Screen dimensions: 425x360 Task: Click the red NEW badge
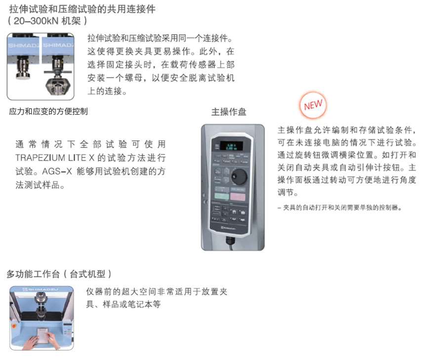tap(313, 105)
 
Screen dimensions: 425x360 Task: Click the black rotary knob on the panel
tap(239, 176)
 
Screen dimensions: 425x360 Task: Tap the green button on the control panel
tap(222, 196)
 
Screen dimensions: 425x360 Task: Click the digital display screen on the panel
tap(231, 146)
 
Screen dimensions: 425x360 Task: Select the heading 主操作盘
tap(228, 112)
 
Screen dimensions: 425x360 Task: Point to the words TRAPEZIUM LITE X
tap(55, 158)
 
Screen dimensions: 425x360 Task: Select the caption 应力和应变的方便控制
tap(48, 111)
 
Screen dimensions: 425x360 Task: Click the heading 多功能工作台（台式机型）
tap(59, 274)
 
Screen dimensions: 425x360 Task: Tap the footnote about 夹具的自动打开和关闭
tap(340, 208)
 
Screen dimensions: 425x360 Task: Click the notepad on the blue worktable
tap(42, 336)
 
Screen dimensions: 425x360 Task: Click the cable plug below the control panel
tap(230, 240)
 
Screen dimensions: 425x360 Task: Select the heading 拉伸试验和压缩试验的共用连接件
tap(83, 9)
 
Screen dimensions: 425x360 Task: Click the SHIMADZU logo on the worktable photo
tap(40, 289)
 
